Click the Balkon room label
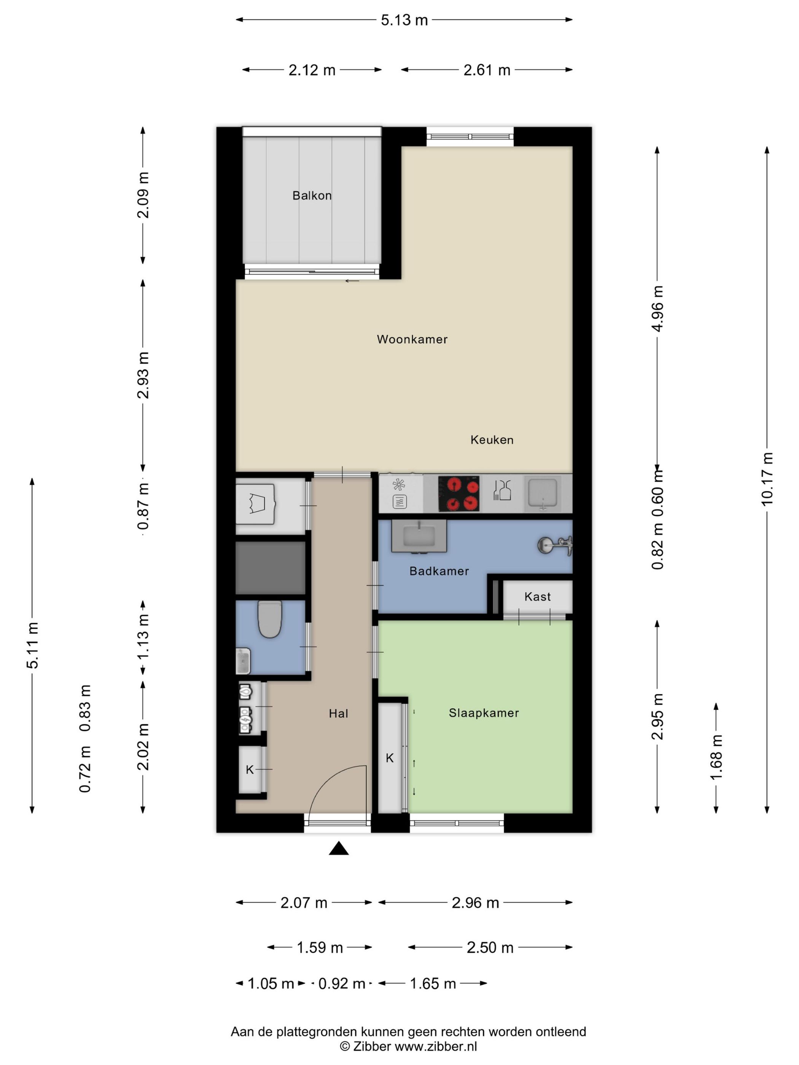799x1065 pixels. tap(312, 196)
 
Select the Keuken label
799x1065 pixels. tap(491, 440)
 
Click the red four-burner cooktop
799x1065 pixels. tap(458, 493)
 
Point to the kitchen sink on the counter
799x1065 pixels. tap(543, 493)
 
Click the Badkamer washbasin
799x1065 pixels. tap(419, 536)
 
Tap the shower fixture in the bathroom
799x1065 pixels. tap(555, 545)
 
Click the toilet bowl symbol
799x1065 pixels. tap(270, 619)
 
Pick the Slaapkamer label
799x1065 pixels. tap(484, 713)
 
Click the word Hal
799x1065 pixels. tap(338, 714)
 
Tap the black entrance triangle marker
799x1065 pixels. tap(339, 848)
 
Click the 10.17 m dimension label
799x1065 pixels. tap(767, 478)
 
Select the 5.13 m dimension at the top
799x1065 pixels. tap(404, 20)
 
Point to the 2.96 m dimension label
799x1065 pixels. tap(475, 903)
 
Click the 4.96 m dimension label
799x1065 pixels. tap(657, 308)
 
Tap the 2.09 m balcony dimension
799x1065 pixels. tap(143, 195)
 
